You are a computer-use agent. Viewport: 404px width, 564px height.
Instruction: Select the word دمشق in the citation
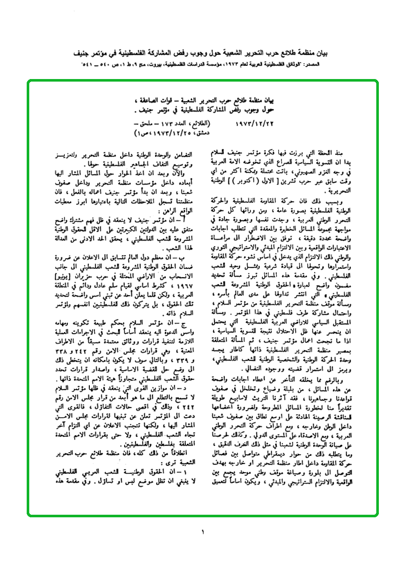pos(193,133)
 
